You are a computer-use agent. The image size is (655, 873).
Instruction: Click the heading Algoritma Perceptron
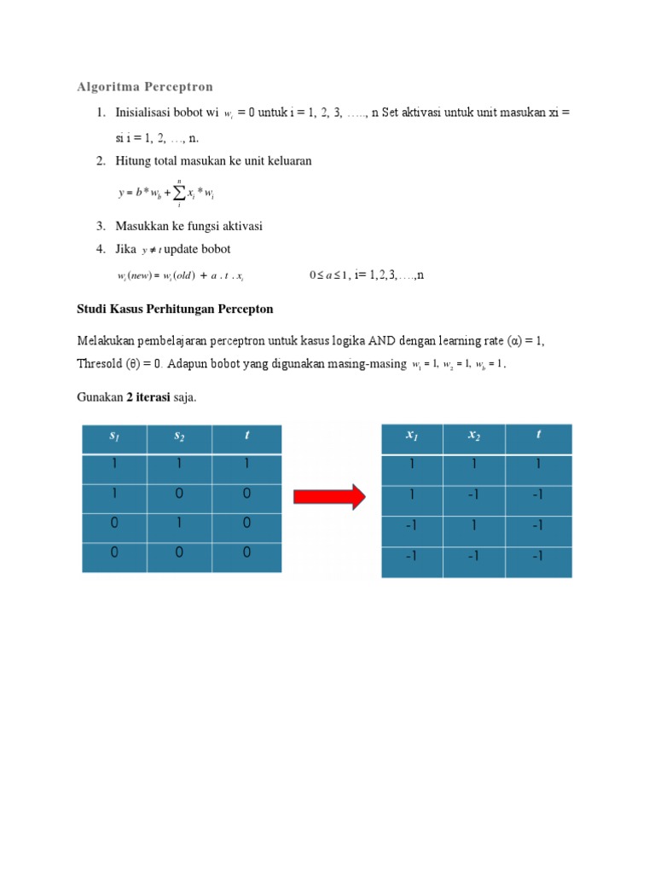click(x=145, y=87)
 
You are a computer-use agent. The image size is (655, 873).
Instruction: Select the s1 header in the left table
click(x=114, y=436)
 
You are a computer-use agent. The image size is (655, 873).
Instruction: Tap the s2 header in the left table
click(x=179, y=436)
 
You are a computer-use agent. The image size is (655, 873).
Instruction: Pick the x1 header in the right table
click(x=412, y=436)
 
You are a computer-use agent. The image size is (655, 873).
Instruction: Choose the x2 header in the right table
click(x=474, y=436)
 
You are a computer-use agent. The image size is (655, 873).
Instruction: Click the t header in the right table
click(x=538, y=434)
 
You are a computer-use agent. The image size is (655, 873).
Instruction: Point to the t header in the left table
click(x=246, y=436)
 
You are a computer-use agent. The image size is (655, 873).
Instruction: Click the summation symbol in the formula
click(x=180, y=194)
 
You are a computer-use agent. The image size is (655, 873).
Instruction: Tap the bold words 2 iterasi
click(x=148, y=396)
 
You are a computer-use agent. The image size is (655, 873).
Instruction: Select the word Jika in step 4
click(x=126, y=249)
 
